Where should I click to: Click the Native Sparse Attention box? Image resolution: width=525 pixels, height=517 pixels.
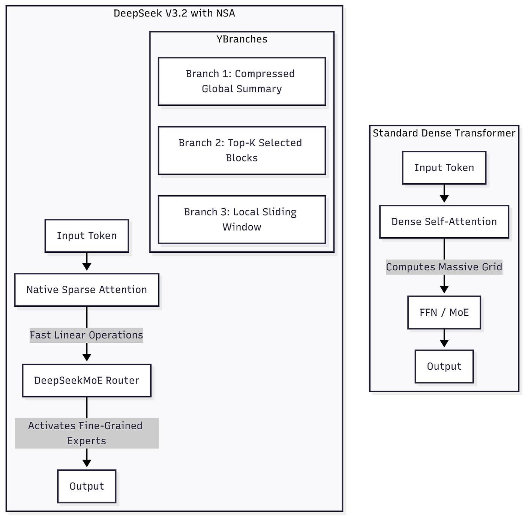click(87, 289)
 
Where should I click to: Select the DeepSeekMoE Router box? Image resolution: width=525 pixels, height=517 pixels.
click(87, 380)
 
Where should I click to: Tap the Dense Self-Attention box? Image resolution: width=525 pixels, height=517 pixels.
click(444, 222)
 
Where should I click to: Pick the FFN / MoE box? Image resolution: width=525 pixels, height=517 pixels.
click(444, 312)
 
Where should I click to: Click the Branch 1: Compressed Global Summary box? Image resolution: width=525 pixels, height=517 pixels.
click(241, 81)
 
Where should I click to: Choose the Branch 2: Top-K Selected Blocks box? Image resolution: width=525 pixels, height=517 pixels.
click(241, 150)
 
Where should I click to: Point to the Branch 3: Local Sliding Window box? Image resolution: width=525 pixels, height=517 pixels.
click(241, 220)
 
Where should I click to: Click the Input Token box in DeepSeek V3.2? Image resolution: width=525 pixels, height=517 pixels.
click(87, 235)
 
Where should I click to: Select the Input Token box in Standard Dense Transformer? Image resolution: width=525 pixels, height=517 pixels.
click(444, 168)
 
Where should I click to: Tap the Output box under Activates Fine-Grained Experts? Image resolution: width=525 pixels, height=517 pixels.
click(87, 486)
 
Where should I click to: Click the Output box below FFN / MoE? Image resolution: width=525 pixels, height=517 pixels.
click(444, 366)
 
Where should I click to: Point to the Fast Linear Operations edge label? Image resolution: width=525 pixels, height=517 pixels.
click(86, 335)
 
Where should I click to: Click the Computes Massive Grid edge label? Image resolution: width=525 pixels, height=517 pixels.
click(444, 267)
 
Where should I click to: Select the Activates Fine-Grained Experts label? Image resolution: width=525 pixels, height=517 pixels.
click(87, 433)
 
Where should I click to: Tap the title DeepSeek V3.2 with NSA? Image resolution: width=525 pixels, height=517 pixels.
click(174, 13)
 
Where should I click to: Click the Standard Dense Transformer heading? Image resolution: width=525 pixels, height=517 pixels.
click(444, 133)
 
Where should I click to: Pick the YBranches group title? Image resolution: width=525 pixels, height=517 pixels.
click(242, 39)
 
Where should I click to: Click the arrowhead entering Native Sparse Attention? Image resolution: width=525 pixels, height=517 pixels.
click(87, 267)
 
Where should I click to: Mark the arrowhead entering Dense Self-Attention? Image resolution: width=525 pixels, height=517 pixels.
click(444, 199)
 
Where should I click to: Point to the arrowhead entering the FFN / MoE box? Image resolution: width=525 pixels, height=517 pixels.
click(444, 289)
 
